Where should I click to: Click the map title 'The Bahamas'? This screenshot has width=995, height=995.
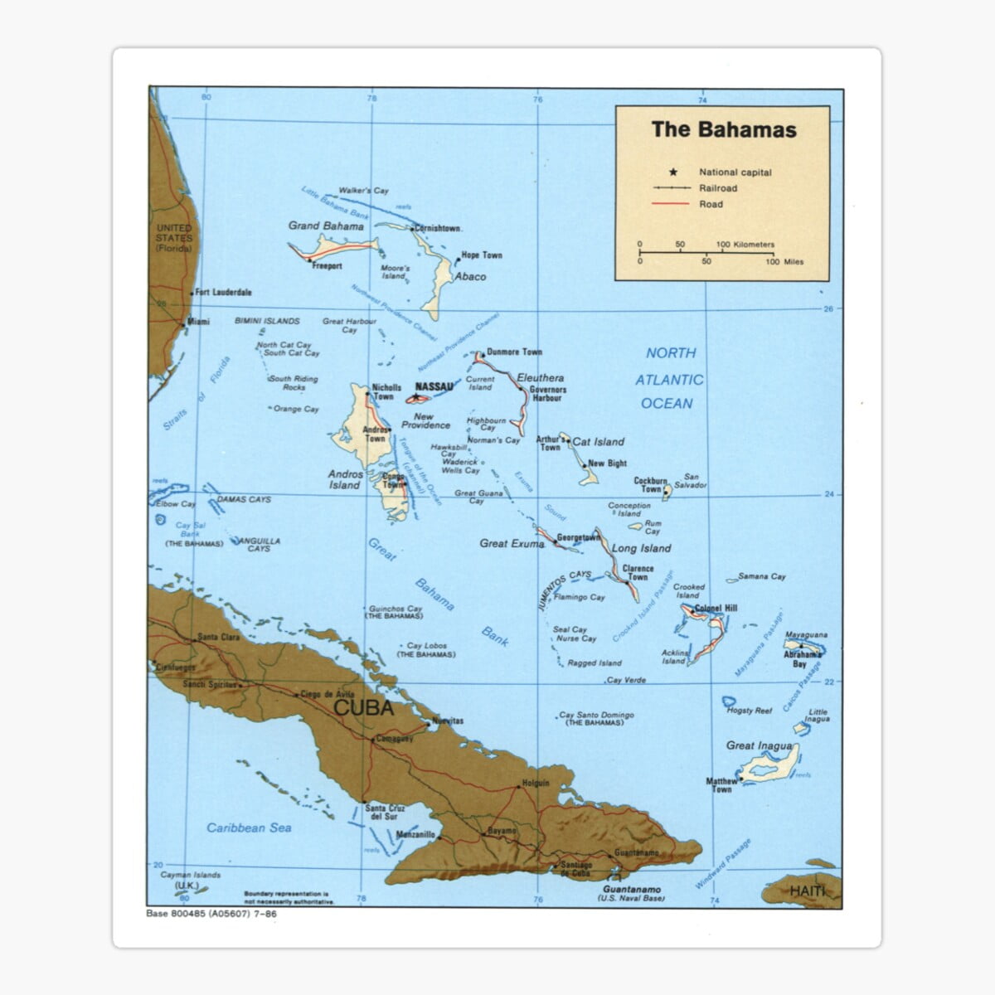pos(723,129)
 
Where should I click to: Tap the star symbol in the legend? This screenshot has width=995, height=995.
pos(672,172)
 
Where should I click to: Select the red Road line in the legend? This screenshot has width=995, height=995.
pos(671,204)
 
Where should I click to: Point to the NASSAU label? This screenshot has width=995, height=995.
pos(434,387)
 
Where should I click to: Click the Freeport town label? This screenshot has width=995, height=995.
pos(327,266)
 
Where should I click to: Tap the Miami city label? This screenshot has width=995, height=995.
pos(198,321)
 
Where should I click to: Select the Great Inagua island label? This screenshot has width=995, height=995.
pos(759,745)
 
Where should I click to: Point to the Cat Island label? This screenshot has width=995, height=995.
pos(599,442)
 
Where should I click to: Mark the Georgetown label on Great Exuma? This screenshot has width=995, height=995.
pos(578,537)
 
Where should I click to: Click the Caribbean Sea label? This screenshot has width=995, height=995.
pos(249,828)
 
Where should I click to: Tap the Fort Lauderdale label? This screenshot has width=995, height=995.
pos(223,293)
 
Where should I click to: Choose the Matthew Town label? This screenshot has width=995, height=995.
pos(721,784)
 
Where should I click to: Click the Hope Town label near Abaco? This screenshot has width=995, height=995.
pos(482,255)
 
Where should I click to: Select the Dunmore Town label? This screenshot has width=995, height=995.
pos(514,352)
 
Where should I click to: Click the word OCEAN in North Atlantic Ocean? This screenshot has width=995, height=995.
pos(667,404)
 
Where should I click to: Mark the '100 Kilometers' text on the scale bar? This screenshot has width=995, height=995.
pos(745,245)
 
